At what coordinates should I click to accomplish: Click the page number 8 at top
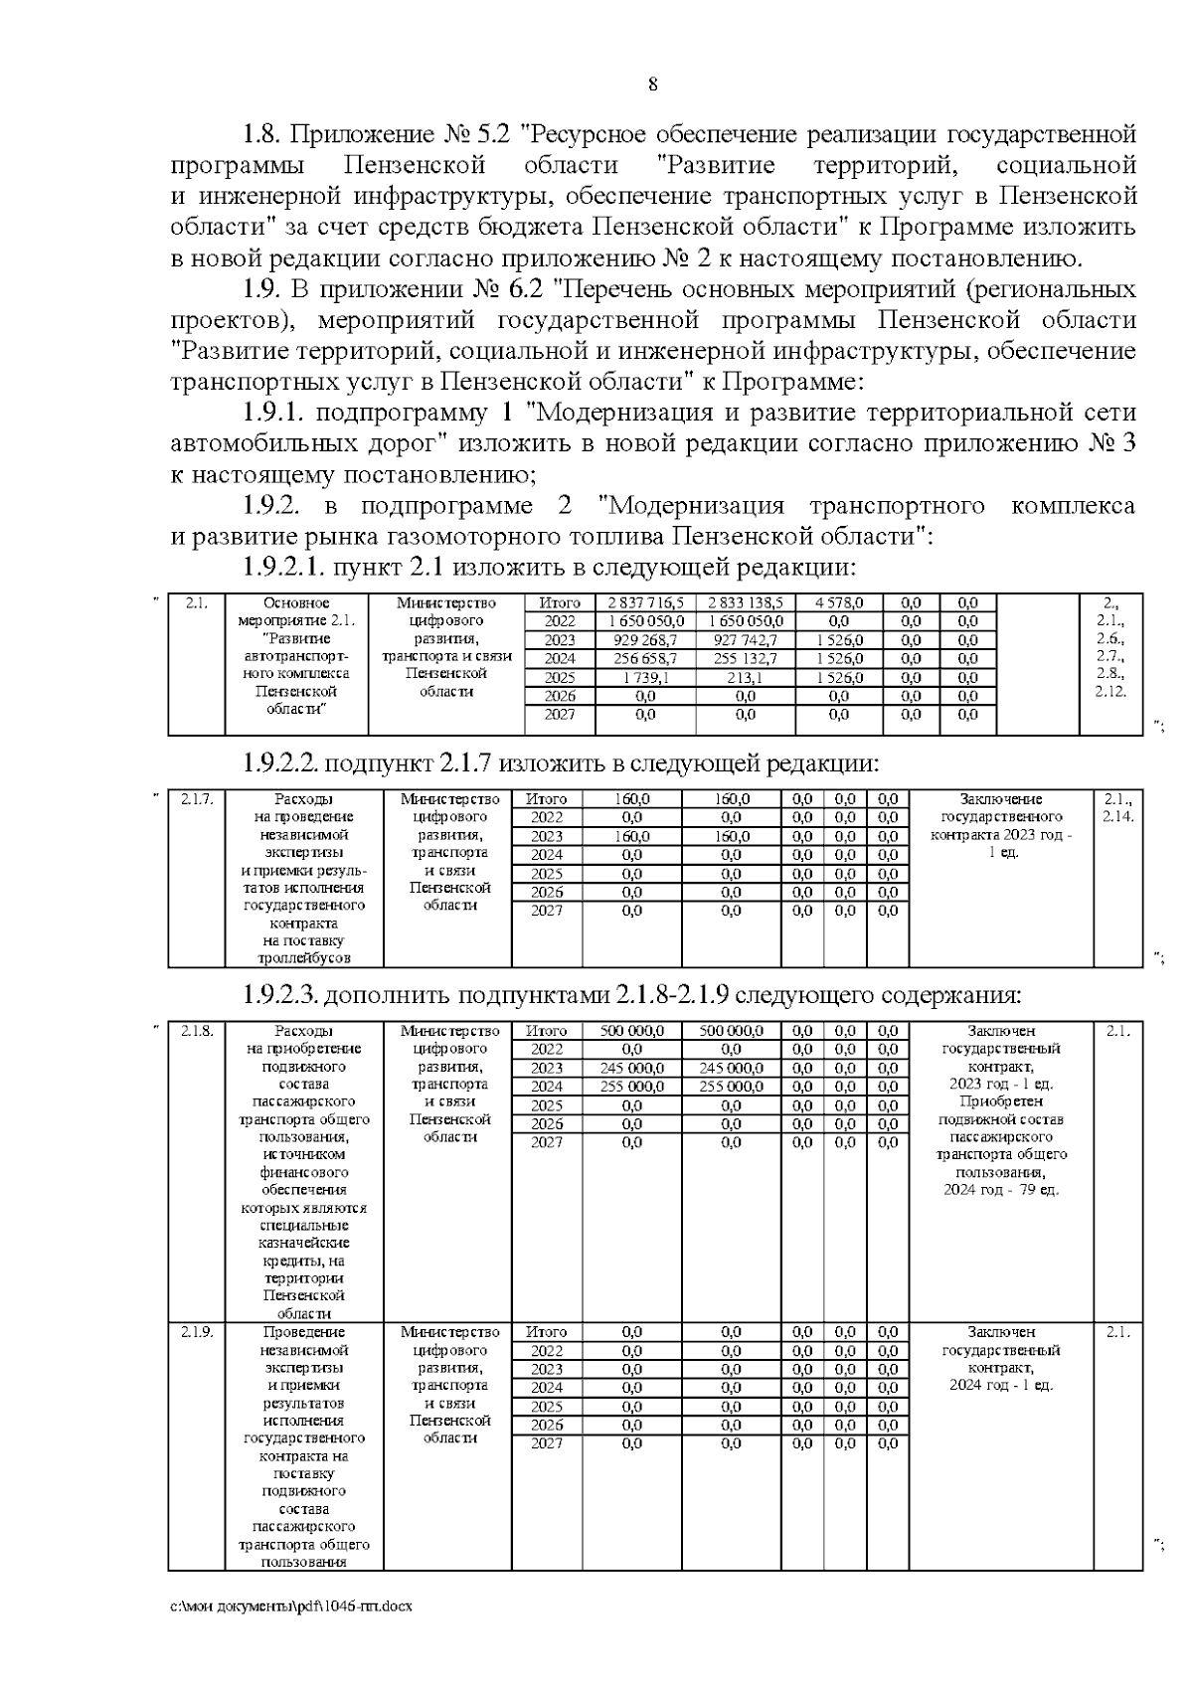[x=652, y=84]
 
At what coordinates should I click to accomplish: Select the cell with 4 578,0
[x=839, y=602]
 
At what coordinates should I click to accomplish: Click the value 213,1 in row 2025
[x=745, y=677]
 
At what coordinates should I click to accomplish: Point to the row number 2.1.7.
[x=197, y=798]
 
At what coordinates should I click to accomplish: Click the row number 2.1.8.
[x=197, y=1031]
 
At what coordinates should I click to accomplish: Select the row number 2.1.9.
[x=197, y=1332]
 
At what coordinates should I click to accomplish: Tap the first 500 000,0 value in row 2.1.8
[x=632, y=1031]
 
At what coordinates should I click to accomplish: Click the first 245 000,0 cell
[x=632, y=1068]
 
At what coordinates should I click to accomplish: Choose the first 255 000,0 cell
[x=632, y=1087]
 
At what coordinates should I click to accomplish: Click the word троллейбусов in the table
[x=304, y=958]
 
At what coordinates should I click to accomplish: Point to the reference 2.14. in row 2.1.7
[x=1118, y=817]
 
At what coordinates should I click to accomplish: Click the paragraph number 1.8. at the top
[x=262, y=133]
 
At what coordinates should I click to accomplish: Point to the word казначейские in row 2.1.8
[x=304, y=1243]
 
